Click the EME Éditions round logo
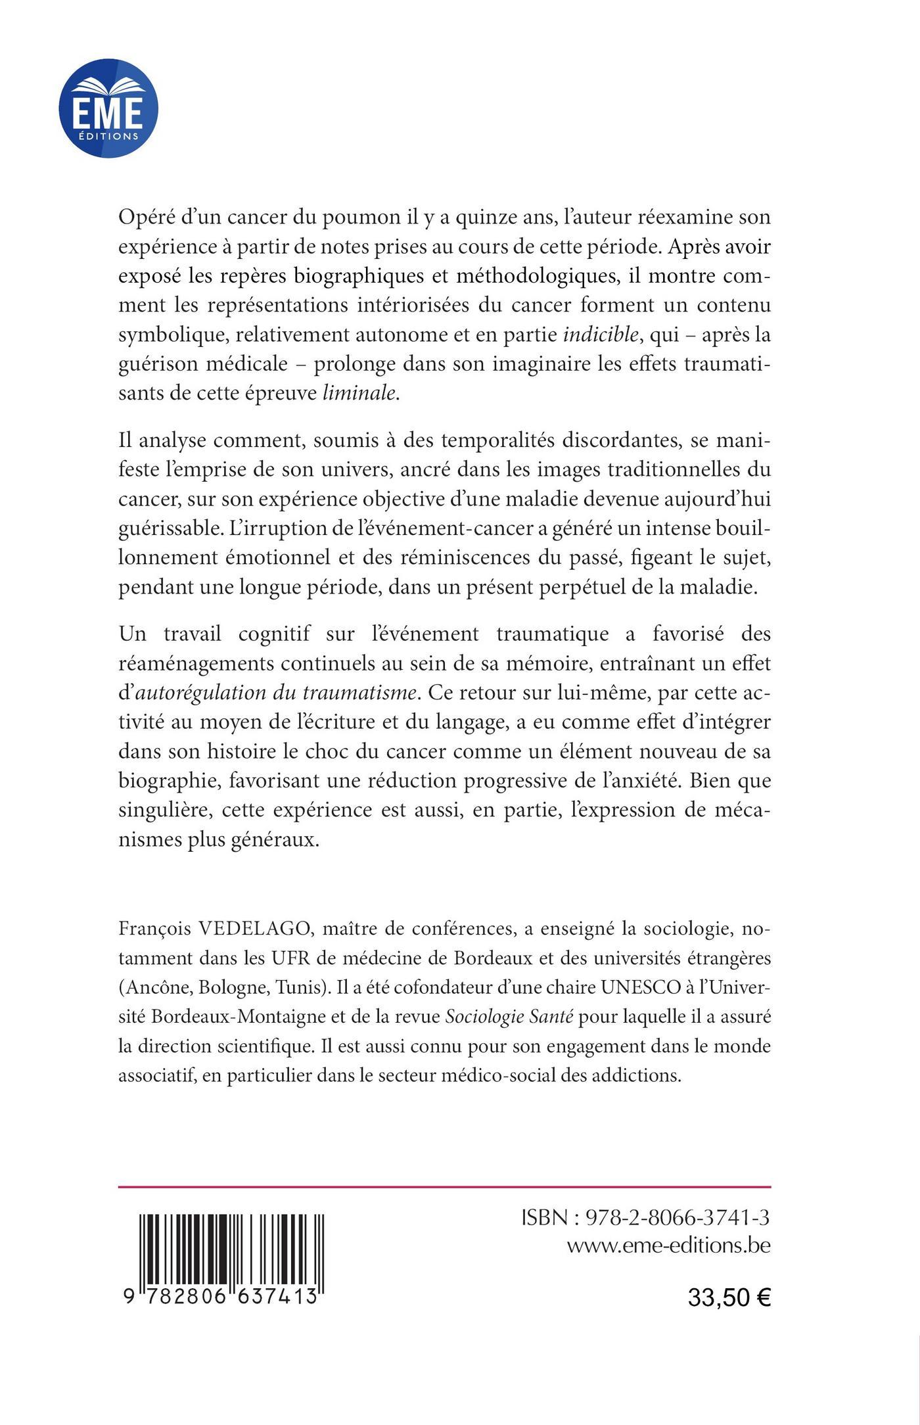[108, 108]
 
